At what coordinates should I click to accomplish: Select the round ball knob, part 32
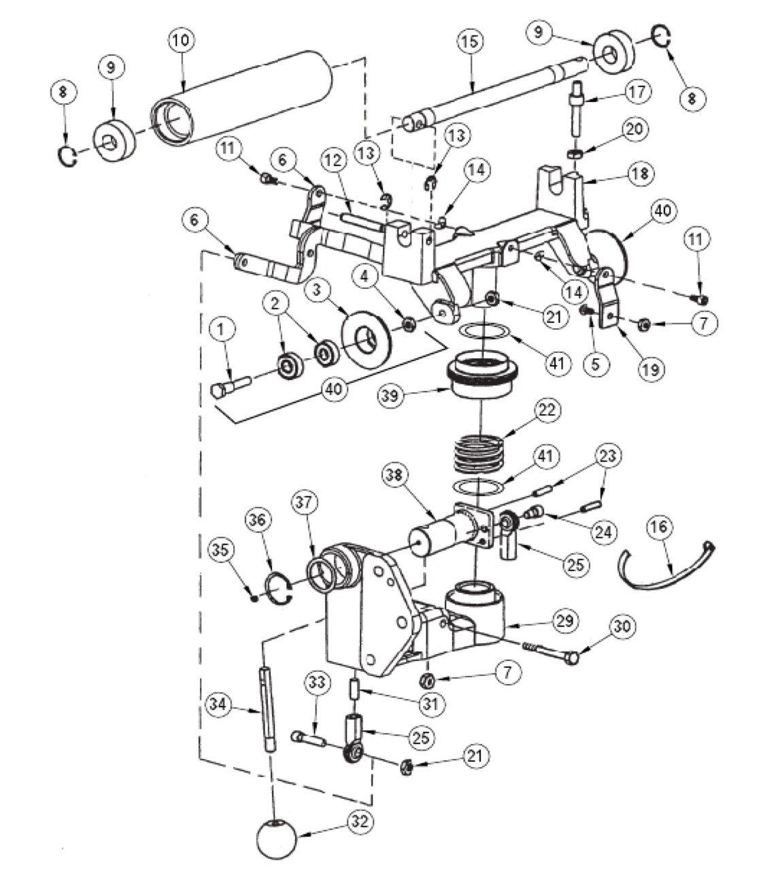pyautogui.click(x=276, y=840)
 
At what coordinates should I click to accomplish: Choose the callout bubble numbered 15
pyautogui.click(x=469, y=41)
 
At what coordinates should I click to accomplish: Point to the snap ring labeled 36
pyautogui.click(x=279, y=585)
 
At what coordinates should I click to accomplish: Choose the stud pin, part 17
pyautogui.click(x=575, y=112)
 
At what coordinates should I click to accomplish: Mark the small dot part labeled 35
pyautogui.click(x=254, y=598)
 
